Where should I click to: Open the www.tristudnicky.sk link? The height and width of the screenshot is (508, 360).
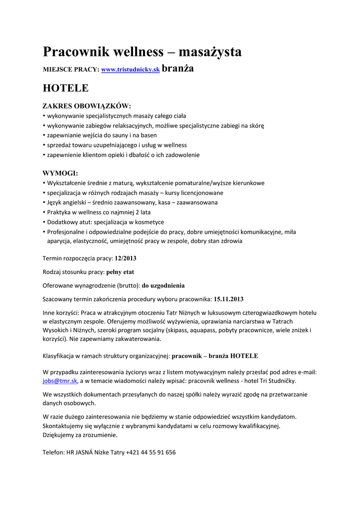[x=130, y=71]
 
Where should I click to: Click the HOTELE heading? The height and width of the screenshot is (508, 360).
[x=66, y=88]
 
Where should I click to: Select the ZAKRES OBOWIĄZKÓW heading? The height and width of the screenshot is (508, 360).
[x=87, y=106]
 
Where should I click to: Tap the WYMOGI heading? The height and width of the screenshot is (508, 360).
[x=61, y=173]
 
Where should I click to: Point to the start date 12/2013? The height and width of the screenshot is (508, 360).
[x=125, y=258]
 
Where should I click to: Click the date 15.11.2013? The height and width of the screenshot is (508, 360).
[x=228, y=299]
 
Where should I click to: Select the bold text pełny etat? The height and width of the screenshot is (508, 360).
[x=120, y=272]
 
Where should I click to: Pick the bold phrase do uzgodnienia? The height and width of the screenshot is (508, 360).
[x=163, y=285]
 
